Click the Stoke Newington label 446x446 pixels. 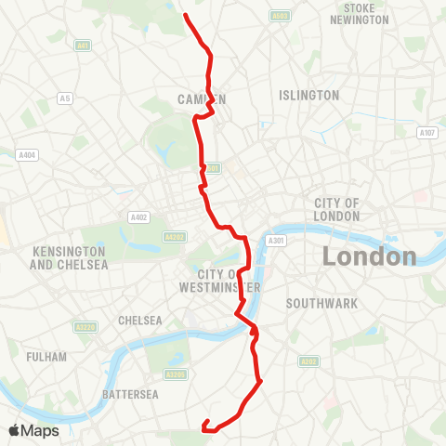pyautogui.click(x=360, y=14)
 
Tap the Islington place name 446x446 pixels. pyautogui.click(x=308, y=95)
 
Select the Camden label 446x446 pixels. pyautogui.click(x=201, y=98)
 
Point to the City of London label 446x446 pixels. pyautogui.click(x=337, y=209)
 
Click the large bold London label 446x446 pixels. pyautogui.click(x=370, y=256)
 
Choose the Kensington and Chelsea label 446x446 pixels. pyautogui.click(x=70, y=258)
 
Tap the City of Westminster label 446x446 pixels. pyautogui.click(x=221, y=280)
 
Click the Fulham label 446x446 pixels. pyautogui.click(x=47, y=357)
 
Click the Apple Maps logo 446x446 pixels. pyautogui.click(x=33, y=430)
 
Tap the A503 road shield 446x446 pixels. pyautogui.click(x=279, y=16)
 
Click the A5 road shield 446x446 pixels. pyautogui.click(x=65, y=98)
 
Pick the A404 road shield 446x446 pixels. pyautogui.click(x=26, y=155)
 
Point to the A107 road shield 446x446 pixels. pyautogui.click(x=427, y=133)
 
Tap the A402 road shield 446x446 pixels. pyautogui.click(x=139, y=217)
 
